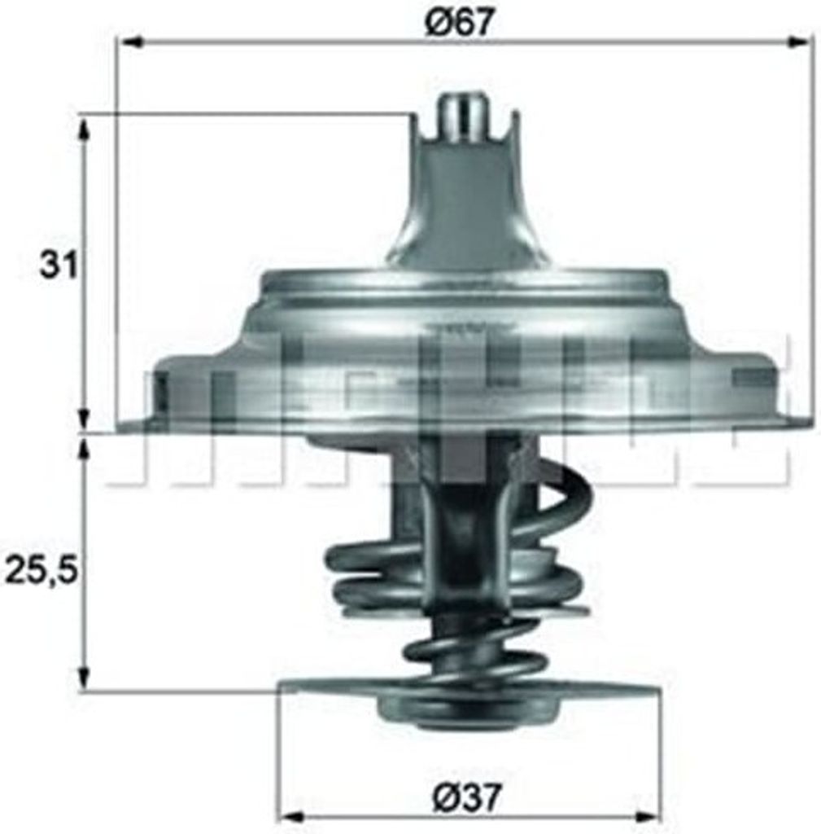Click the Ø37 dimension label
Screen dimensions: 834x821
(467, 796)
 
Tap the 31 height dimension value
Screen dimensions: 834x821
(59, 266)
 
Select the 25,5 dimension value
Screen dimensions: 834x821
(41, 571)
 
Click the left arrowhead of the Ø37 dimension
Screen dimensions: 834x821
(290, 816)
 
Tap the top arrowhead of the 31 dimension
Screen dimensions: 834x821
(83, 126)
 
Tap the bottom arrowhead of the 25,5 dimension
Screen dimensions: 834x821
(83, 679)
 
